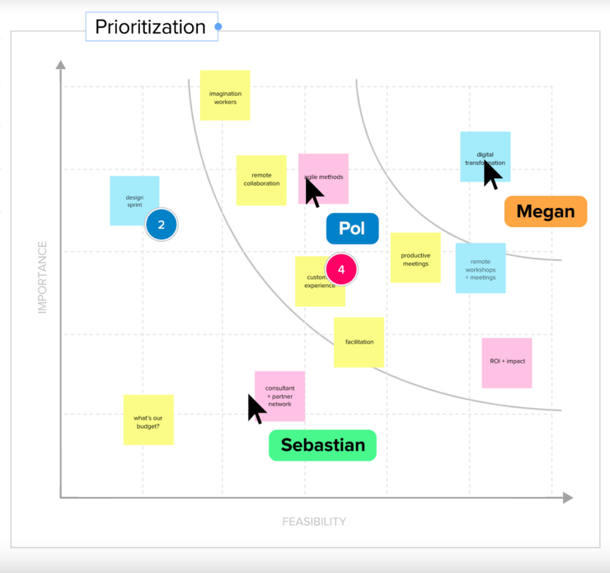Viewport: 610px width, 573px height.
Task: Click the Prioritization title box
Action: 151,27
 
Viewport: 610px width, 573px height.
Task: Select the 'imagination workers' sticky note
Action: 225,96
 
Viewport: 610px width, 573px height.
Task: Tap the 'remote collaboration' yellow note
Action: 261,180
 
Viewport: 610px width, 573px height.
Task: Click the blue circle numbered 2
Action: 162,225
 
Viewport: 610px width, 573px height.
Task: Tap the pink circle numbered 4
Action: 341,269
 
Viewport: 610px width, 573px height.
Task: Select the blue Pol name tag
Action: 352,229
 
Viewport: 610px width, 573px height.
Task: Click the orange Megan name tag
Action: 545,211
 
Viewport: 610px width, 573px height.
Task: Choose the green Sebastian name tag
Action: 322,445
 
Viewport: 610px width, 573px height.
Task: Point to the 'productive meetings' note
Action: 415,258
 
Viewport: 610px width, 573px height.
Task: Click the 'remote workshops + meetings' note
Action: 481,268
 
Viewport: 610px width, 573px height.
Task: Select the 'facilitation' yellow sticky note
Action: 359,342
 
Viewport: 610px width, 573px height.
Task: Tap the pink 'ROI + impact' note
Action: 507,362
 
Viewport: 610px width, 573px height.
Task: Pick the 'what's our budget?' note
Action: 148,420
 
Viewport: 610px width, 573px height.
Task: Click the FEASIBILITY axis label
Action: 314,522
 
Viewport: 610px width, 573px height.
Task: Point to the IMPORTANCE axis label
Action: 42,277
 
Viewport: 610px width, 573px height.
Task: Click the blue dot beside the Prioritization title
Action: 218,26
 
